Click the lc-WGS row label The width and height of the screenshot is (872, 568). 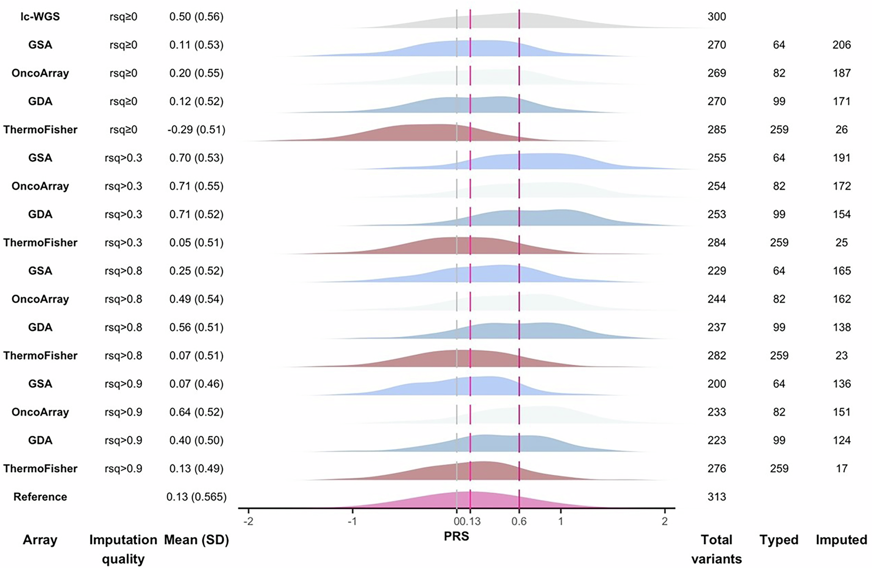pyautogui.click(x=40, y=17)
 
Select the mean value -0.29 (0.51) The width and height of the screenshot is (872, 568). pyautogui.click(x=196, y=130)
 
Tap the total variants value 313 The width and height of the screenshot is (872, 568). pyautogui.click(x=716, y=496)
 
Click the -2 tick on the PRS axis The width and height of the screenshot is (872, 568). pyautogui.click(x=248, y=521)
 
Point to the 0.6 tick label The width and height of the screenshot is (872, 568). pyautogui.click(x=519, y=521)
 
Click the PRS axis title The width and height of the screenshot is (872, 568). pyautogui.click(x=456, y=536)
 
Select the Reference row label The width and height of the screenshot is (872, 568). pyautogui.click(x=40, y=496)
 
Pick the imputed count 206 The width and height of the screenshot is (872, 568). pyautogui.click(x=841, y=45)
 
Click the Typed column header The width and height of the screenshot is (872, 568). pyautogui.click(x=779, y=540)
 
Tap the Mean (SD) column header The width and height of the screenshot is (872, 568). pyautogui.click(x=196, y=540)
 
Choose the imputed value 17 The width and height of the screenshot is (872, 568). pyautogui.click(x=841, y=469)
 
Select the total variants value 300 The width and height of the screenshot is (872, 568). pyautogui.click(x=716, y=17)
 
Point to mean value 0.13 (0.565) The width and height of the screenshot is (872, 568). pyautogui.click(x=196, y=496)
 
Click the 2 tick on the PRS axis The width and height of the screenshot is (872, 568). pyautogui.click(x=664, y=521)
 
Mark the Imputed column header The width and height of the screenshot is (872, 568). pyautogui.click(x=841, y=540)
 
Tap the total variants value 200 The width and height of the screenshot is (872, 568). pyautogui.click(x=716, y=384)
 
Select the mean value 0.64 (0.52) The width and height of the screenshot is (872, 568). pyautogui.click(x=196, y=412)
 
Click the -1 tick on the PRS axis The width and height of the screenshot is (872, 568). pyautogui.click(x=352, y=521)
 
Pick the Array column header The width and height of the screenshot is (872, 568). pyautogui.click(x=40, y=540)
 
